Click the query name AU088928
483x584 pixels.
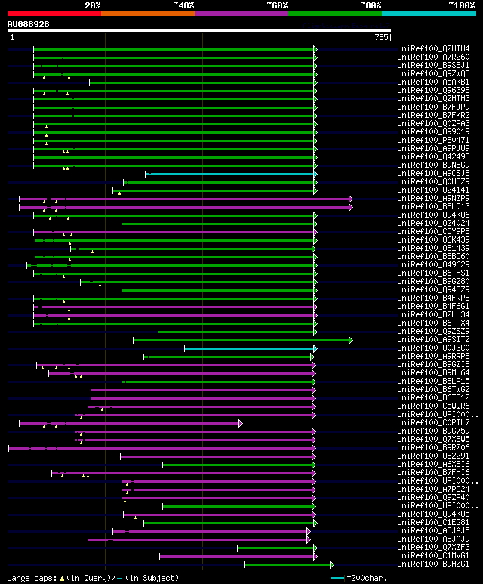(29, 24)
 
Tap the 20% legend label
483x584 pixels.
(93, 5)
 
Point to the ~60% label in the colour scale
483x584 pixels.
(277, 5)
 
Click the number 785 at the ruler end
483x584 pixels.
(381, 36)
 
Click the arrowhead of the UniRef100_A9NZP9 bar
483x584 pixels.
(351, 199)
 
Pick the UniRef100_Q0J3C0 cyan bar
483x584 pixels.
(249, 348)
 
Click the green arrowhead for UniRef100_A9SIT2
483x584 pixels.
(351, 340)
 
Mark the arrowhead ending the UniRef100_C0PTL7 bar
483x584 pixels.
(241, 423)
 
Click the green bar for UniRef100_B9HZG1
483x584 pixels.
(287, 564)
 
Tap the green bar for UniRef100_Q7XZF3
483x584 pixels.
(275, 548)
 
